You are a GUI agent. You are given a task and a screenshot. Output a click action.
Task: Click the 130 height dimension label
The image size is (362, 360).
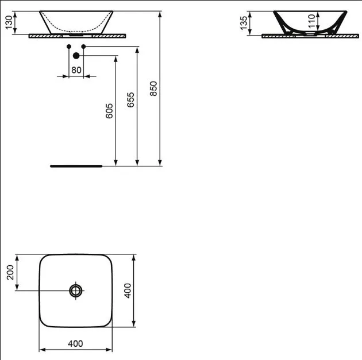click(x=9, y=22)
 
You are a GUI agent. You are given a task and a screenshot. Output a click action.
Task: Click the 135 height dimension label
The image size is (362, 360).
click(x=244, y=23)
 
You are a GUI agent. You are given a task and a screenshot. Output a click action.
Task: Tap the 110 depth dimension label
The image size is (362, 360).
click(x=311, y=21)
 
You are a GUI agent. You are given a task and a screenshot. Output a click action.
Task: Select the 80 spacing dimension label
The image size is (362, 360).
click(x=76, y=70)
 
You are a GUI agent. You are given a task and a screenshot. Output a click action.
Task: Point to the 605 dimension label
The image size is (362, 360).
click(x=109, y=111)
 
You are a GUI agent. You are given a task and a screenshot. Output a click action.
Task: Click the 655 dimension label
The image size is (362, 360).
click(x=130, y=100)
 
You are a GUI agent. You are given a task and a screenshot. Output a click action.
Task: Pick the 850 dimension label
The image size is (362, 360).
click(x=153, y=88)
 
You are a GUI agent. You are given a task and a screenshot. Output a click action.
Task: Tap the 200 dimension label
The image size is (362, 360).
click(x=10, y=272)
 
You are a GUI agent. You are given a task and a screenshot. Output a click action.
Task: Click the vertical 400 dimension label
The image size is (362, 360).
click(x=128, y=291)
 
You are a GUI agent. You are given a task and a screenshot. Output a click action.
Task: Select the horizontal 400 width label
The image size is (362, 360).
click(x=75, y=343)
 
